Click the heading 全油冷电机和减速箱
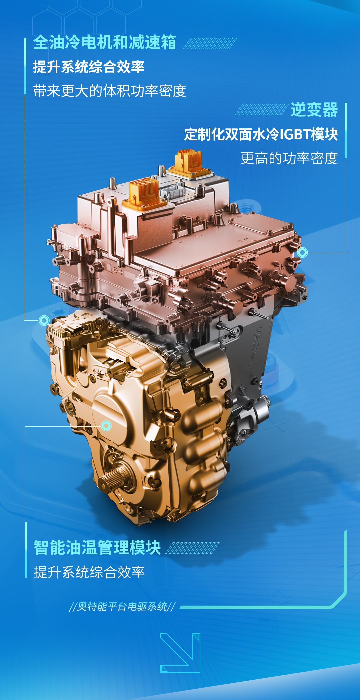pyautogui.click(x=105, y=42)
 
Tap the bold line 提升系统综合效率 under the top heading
pyautogui.click(x=89, y=67)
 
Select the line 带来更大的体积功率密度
pyautogui.click(x=110, y=91)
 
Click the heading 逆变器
pyautogui.click(x=314, y=110)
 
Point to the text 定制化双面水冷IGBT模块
pyautogui.click(x=261, y=134)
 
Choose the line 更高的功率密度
pyautogui.click(x=289, y=158)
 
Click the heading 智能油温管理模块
pyautogui.click(x=97, y=547)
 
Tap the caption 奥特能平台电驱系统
pyautogui.click(x=122, y=606)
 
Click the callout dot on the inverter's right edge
pyautogui.click(x=302, y=252)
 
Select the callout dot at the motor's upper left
pyautogui.click(x=44, y=320)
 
